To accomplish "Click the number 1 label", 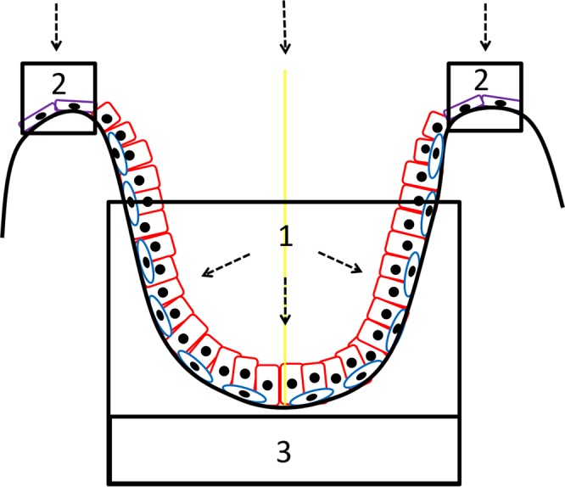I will (x=286, y=238).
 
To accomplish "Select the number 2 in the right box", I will (x=482, y=81).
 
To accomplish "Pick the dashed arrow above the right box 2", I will (x=485, y=24).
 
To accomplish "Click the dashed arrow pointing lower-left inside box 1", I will (x=225, y=264).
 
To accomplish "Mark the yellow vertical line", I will (x=285, y=170).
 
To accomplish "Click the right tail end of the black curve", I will (x=562, y=204).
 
